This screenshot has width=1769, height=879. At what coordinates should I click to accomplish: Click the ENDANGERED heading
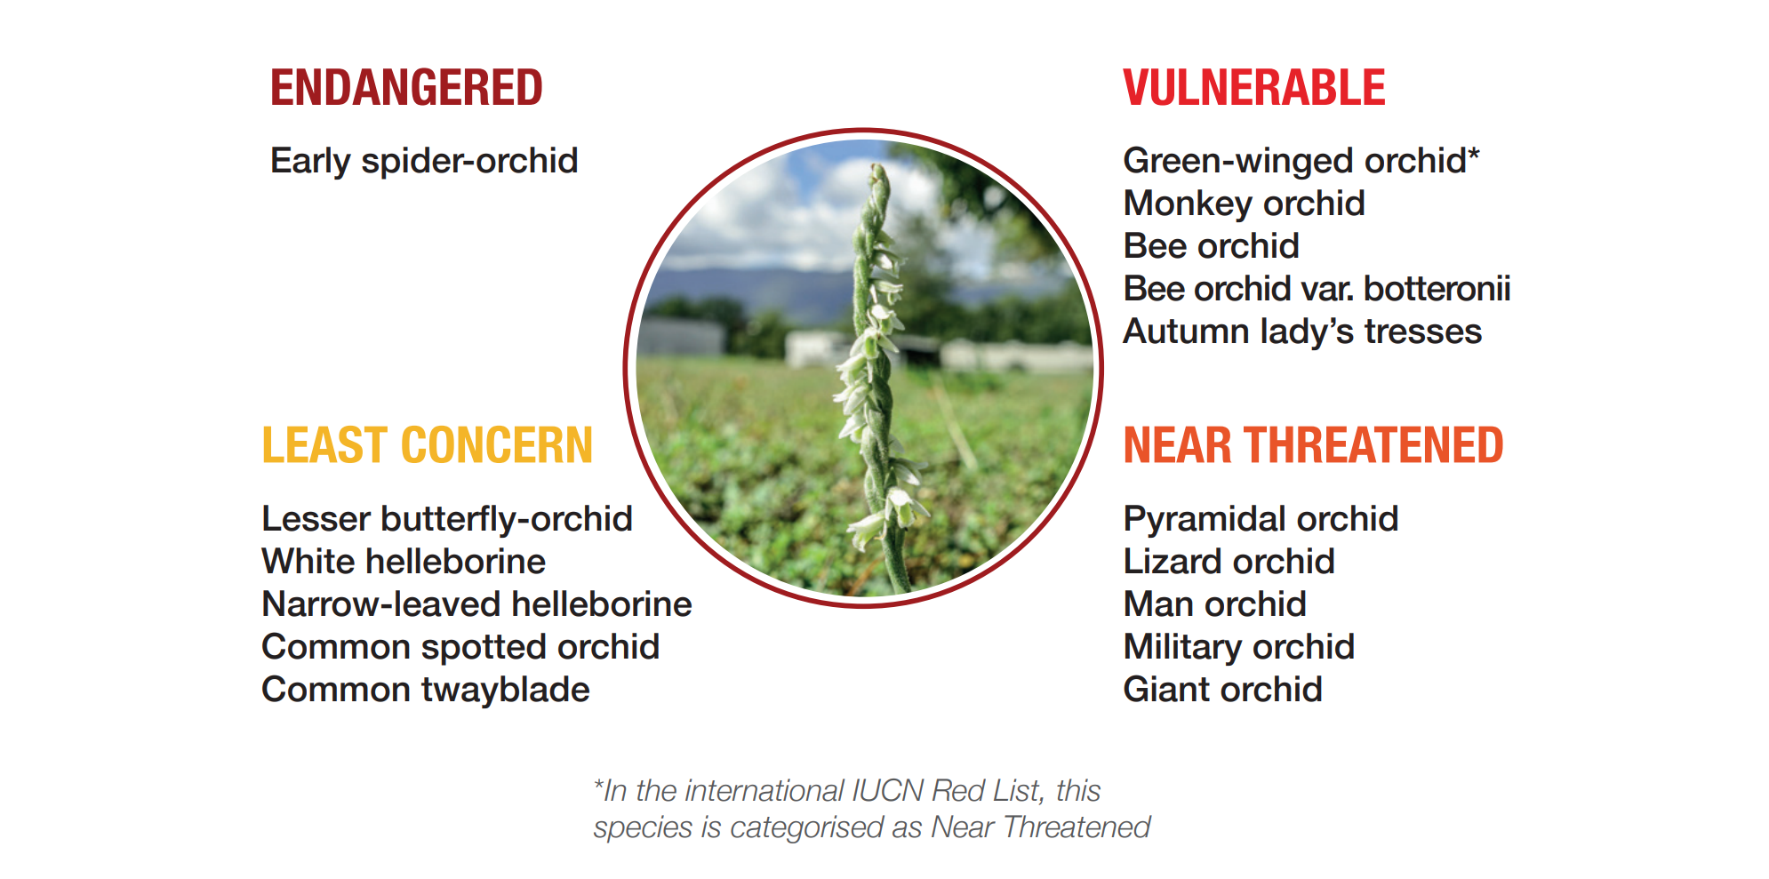406,88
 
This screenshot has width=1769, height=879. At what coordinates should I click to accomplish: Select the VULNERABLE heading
1254,88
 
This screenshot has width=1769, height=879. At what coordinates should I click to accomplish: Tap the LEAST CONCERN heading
427,445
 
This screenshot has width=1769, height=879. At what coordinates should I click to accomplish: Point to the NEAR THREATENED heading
1313,445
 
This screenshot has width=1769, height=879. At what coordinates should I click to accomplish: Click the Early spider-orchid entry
424,161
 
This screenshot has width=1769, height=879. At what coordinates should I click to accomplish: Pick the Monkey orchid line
1244,204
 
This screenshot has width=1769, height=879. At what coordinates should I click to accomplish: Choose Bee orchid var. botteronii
1317,289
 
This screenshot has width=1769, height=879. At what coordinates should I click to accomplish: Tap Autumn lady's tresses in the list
1302,332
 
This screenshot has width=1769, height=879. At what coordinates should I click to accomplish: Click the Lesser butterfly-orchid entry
446,519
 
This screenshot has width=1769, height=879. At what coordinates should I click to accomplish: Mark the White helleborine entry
404,562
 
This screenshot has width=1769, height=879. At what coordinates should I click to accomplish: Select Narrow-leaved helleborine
476,604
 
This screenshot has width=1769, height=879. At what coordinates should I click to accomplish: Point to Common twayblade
425,690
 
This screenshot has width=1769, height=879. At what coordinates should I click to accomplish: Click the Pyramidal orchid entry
1261,519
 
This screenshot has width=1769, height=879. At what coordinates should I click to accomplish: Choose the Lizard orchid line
1229,562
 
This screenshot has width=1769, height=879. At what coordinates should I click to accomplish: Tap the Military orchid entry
1238,647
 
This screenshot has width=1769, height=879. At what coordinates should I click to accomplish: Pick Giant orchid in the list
1222,690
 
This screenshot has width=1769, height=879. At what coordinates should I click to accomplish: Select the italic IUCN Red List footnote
871,809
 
